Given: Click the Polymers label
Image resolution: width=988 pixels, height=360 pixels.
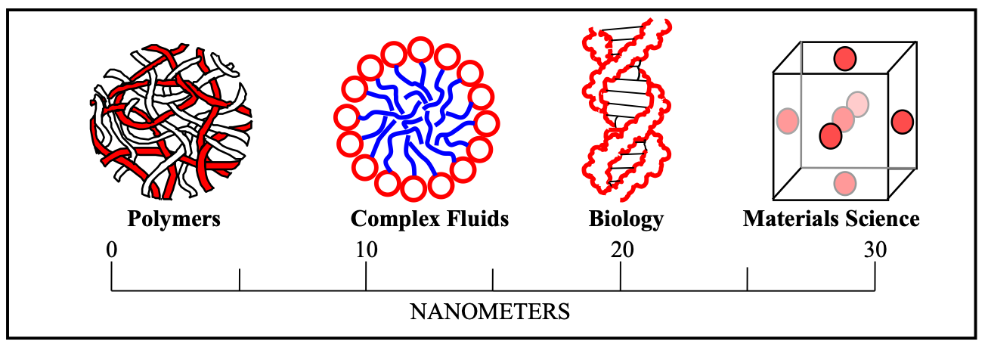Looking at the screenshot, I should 173,219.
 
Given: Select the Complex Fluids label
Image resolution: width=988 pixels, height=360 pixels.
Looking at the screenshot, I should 429,219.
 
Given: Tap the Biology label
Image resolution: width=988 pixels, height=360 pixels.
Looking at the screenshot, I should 625,219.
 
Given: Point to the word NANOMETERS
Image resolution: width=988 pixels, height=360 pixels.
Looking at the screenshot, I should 489,312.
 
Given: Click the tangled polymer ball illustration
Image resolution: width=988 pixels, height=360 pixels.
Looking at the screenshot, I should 172,119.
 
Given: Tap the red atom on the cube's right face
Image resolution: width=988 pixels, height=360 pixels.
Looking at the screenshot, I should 903,122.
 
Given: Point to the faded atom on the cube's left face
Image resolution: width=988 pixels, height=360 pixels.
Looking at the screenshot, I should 788,120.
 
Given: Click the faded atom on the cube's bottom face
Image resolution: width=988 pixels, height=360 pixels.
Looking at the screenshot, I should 844,183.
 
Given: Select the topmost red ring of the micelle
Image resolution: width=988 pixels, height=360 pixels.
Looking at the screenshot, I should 420,51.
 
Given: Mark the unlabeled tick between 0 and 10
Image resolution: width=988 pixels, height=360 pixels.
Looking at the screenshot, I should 239,279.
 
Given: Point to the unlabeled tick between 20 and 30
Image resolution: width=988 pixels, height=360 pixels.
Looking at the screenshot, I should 748,279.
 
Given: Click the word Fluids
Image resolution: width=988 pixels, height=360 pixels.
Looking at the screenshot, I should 477,219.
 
